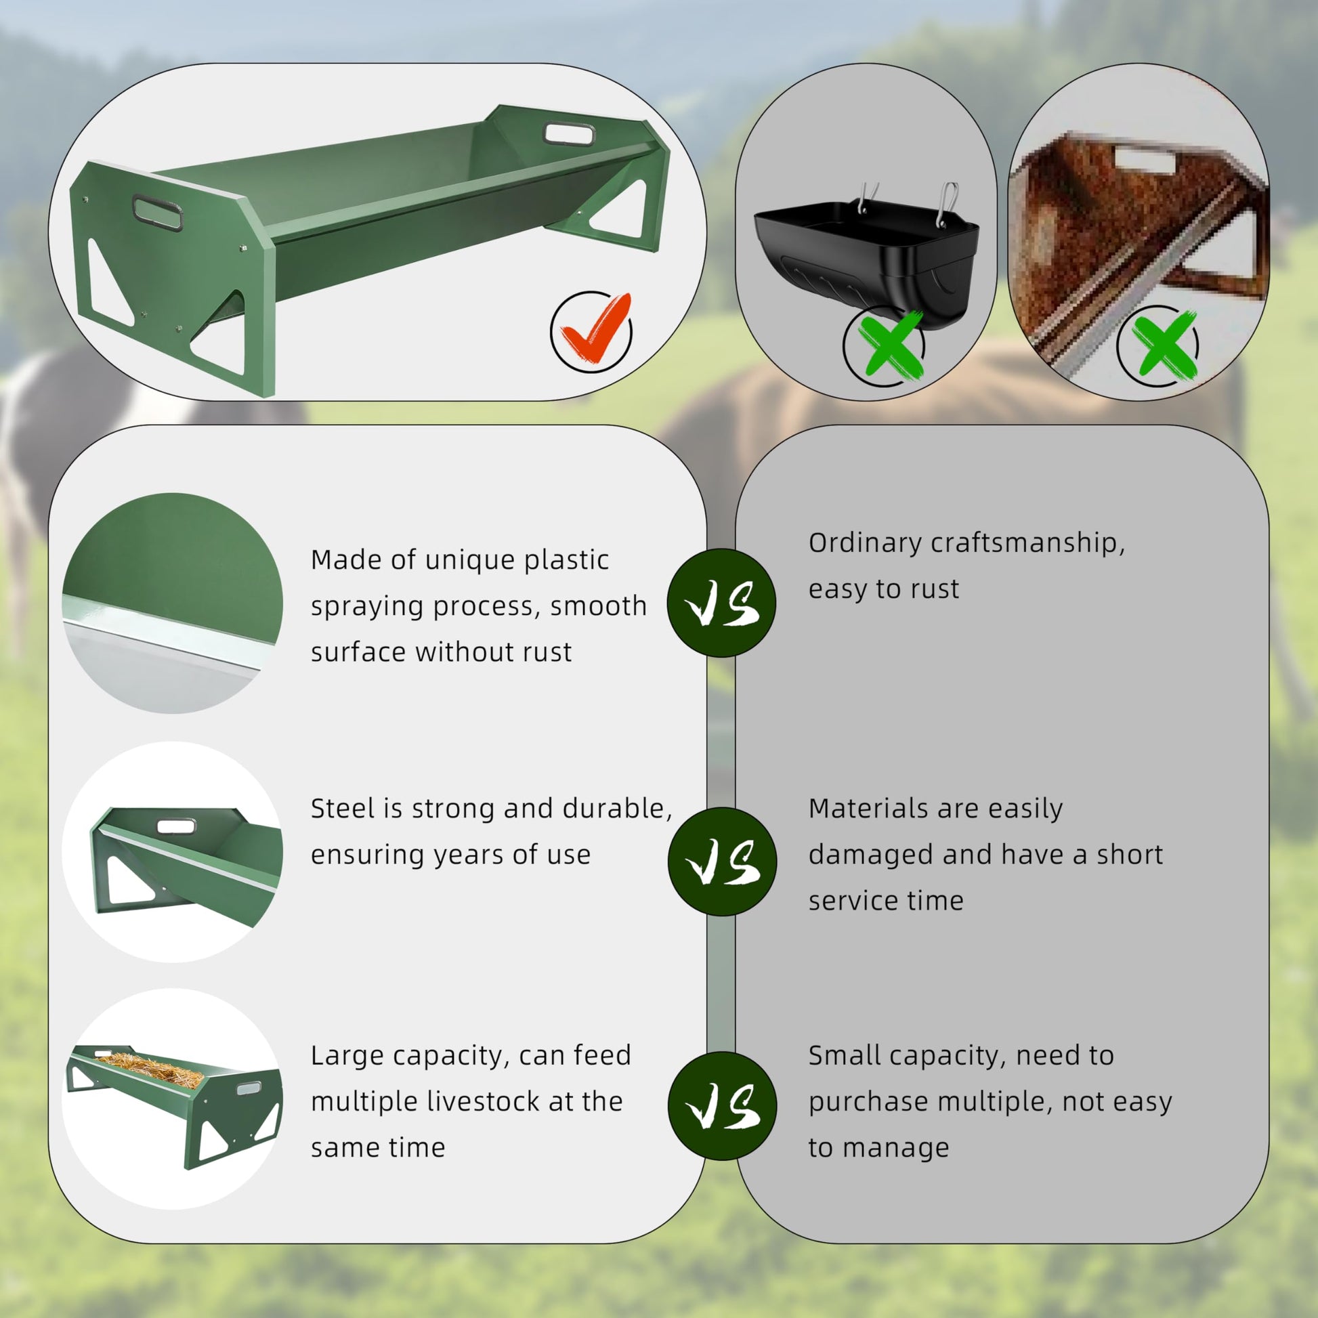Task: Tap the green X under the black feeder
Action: [x=889, y=344]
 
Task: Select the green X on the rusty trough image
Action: [x=1164, y=345]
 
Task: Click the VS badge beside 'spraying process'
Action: [x=721, y=603]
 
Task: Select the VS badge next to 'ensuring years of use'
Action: [x=722, y=862]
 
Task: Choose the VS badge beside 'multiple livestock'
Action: [x=722, y=1106]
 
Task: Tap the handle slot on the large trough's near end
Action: [x=158, y=212]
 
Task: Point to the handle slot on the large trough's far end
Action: [x=568, y=133]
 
